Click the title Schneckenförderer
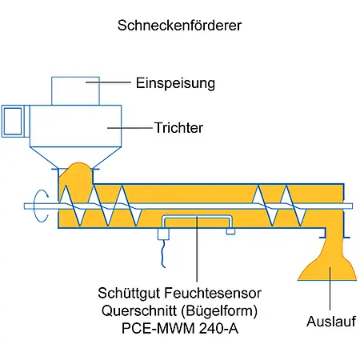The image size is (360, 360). point(179,25)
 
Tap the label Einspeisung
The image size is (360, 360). point(176,82)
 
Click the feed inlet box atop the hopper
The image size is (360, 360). point(74,90)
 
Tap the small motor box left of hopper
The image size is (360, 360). point(13,122)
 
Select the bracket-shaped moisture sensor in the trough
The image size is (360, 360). point(196,220)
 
